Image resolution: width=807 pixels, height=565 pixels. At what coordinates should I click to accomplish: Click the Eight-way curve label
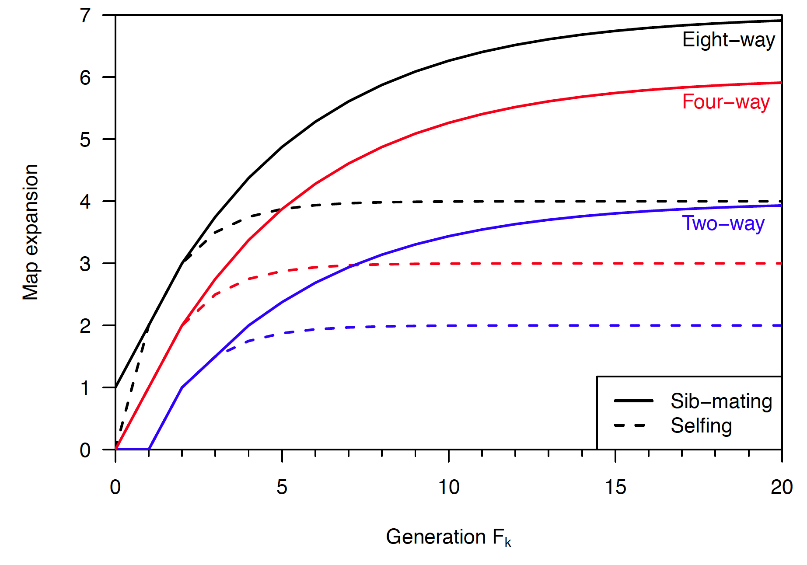point(728,40)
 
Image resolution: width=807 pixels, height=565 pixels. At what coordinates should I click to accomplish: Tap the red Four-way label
point(726,102)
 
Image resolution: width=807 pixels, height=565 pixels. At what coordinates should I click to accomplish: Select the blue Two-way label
point(723,223)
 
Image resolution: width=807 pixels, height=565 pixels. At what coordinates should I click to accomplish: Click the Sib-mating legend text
point(721,401)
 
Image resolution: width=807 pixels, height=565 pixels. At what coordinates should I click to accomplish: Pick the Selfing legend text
point(701,426)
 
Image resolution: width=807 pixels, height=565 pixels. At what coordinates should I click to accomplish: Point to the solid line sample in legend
point(633,401)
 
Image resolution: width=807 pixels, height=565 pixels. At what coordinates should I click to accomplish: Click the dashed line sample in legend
point(630,425)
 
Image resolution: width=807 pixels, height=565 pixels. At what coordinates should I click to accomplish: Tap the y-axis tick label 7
point(85,16)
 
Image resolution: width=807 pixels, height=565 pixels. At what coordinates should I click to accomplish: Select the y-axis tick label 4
point(85,202)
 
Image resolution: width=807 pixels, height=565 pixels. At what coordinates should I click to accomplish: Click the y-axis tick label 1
point(85,388)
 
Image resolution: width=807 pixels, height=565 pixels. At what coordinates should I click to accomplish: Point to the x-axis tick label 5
point(282,487)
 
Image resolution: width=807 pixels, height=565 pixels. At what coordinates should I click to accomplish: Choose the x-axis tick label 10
point(449,487)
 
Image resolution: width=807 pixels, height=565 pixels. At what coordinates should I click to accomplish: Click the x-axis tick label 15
point(615,487)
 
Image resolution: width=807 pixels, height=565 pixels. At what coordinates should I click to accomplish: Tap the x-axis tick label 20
point(782,487)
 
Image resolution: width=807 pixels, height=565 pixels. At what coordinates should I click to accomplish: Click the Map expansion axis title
point(31,232)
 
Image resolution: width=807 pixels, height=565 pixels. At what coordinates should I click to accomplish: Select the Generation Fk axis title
point(448,537)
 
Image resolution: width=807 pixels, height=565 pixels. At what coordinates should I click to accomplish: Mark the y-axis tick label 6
point(85,78)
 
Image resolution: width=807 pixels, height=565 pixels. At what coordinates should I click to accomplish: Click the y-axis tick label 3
point(85,264)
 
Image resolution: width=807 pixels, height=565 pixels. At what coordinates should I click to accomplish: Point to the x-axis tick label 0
point(115,487)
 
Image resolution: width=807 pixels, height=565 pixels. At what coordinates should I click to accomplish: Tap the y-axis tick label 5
point(85,140)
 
